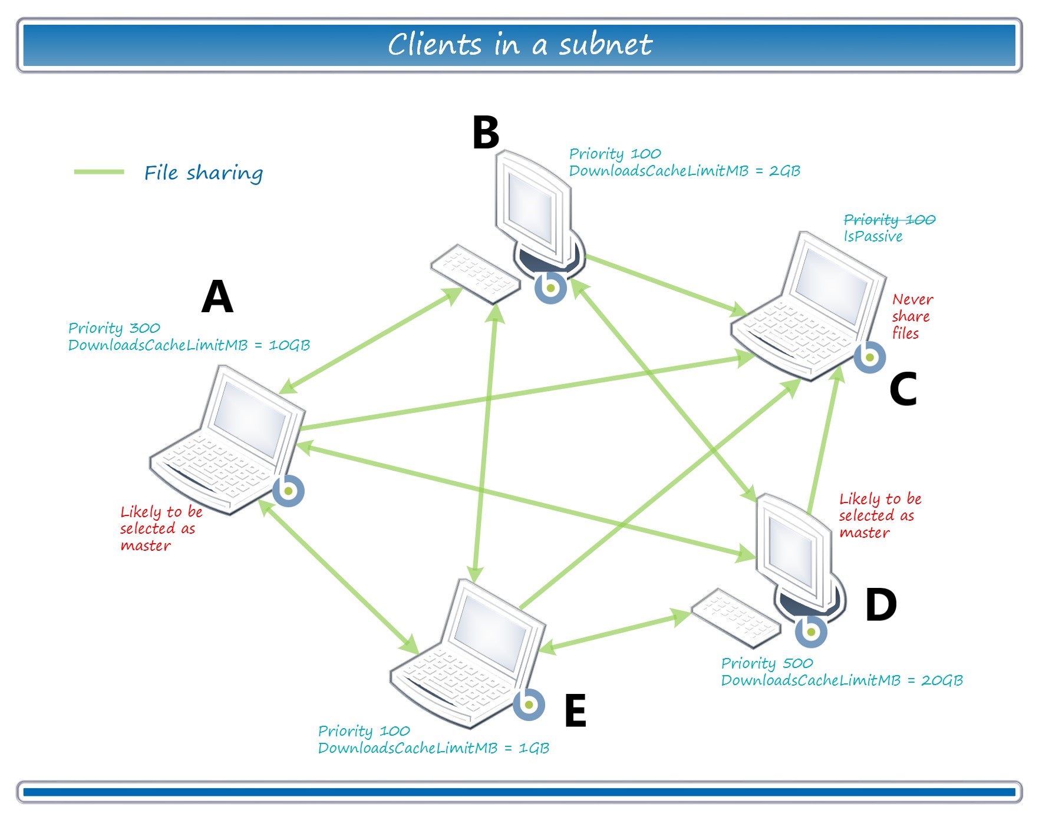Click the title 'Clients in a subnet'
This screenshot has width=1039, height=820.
(x=519, y=45)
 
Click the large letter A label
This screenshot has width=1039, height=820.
(x=217, y=296)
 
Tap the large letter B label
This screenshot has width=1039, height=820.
(x=486, y=132)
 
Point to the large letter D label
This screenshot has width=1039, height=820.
(x=880, y=605)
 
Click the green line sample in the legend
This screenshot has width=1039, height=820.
(x=99, y=172)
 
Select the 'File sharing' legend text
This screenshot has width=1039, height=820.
(x=203, y=173)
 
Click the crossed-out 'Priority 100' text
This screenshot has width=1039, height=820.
(x=889, y=220)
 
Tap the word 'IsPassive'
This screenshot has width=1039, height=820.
(x=873, y=236)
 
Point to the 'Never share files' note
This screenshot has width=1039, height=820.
(x=911, y=316)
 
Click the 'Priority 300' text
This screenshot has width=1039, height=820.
(x=114, y=328)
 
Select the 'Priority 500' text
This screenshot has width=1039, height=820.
(x=767, y=663)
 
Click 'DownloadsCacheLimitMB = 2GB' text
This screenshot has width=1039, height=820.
(x=684, y=171)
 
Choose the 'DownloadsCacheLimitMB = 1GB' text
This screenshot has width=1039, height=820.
(x=433, y=748)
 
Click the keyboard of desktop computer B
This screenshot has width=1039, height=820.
(x=475, y=274)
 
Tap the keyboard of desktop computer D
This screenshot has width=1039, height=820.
(x=735, y=617)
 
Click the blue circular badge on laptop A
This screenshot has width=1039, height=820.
(x=288, y=491)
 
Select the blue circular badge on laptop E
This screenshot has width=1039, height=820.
(x=529, y=705)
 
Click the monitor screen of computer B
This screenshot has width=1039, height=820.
(x=530, y=206)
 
